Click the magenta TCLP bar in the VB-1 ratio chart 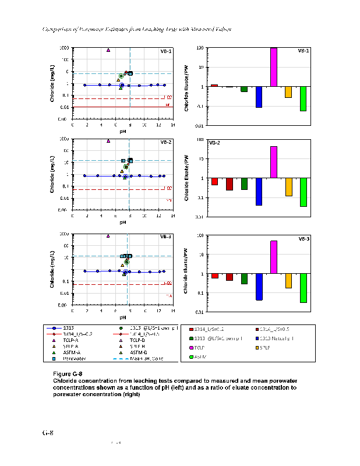coord(274,67)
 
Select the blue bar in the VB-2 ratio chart coord(259,192)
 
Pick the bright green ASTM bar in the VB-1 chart coord(303,98)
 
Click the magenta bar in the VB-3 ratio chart coord(274,257)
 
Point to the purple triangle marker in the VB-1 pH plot coord(108,50)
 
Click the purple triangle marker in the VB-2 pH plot coord(108,140)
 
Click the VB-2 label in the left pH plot coord(166,142)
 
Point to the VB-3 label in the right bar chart coord(303,238)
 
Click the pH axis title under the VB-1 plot coord(123,131)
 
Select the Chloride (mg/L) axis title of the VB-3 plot coord(52,270)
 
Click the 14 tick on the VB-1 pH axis coord(172,125)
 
